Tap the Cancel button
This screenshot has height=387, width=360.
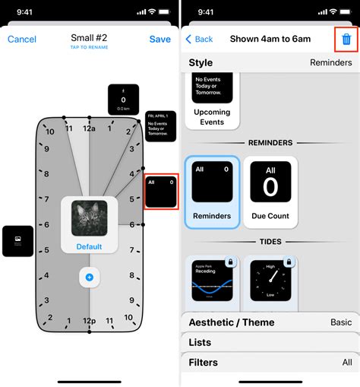(x=22, y=39)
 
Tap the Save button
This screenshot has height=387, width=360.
(x=159, y=39)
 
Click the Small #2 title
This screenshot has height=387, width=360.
(x=89, y=38)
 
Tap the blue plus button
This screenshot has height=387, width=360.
(x=89, y=278)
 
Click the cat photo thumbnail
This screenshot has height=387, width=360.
(x=89, y=218)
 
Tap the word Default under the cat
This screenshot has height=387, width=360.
(x=89, y=247)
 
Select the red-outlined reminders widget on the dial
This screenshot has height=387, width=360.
(x=161, y=191)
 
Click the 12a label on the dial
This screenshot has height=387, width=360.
(x=90, y=128)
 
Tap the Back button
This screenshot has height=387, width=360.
(x=199, y=39)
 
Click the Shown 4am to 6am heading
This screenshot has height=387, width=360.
(x=270, y=39)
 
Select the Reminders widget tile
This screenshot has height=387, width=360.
(x=212, y=192)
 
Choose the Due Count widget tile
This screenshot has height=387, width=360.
(x=270, y=192)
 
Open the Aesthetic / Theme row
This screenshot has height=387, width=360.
(x=270, y=322)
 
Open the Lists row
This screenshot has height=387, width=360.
(x=270, y=343)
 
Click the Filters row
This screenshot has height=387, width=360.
(x=270, y=363)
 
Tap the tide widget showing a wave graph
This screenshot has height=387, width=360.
(x=212, y=283)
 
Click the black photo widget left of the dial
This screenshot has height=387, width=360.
(x=17, y=240)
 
